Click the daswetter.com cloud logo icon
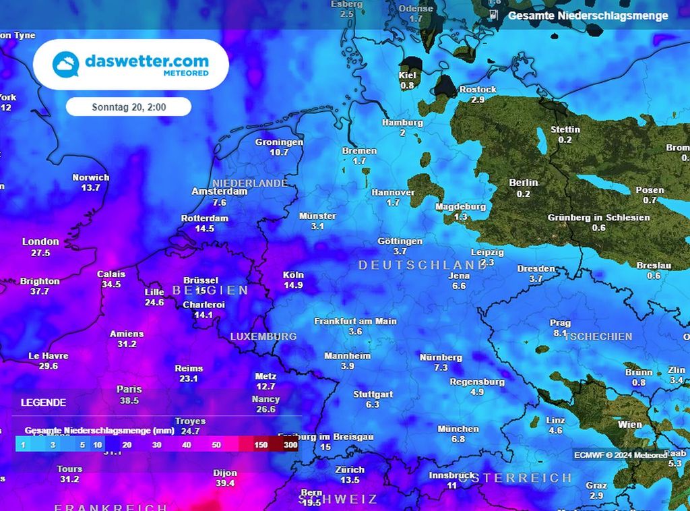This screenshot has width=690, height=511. click(66, 64)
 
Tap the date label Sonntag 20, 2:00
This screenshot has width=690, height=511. click(129, 107)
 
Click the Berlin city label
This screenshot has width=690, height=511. click(524, 183)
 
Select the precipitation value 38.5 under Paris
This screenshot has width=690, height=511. click(129, 400)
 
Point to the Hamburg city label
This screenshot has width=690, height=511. click(402, 123)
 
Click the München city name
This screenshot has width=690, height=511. click(458, 429)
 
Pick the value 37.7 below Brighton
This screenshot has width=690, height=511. click(40, 291)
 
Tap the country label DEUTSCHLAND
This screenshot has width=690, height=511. click(422, 265)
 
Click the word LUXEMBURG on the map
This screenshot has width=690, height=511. click(263, 336)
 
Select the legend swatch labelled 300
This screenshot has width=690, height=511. click(290, 445)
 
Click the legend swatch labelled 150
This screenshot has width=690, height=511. click(261, 445)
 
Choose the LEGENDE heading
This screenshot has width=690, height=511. click(43, 402)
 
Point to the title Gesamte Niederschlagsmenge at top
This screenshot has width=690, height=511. click(588, 16)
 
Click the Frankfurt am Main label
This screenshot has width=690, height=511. click(355, 322)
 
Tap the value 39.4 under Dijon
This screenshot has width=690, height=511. click(225, 483)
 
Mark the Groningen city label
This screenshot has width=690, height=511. click(279, 142)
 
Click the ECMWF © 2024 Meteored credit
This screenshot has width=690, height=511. click(621, 455)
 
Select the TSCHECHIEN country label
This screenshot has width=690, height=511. click(599, 336)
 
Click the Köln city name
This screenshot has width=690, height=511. click(293, 275)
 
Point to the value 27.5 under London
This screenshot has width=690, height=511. click(40, 253)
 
